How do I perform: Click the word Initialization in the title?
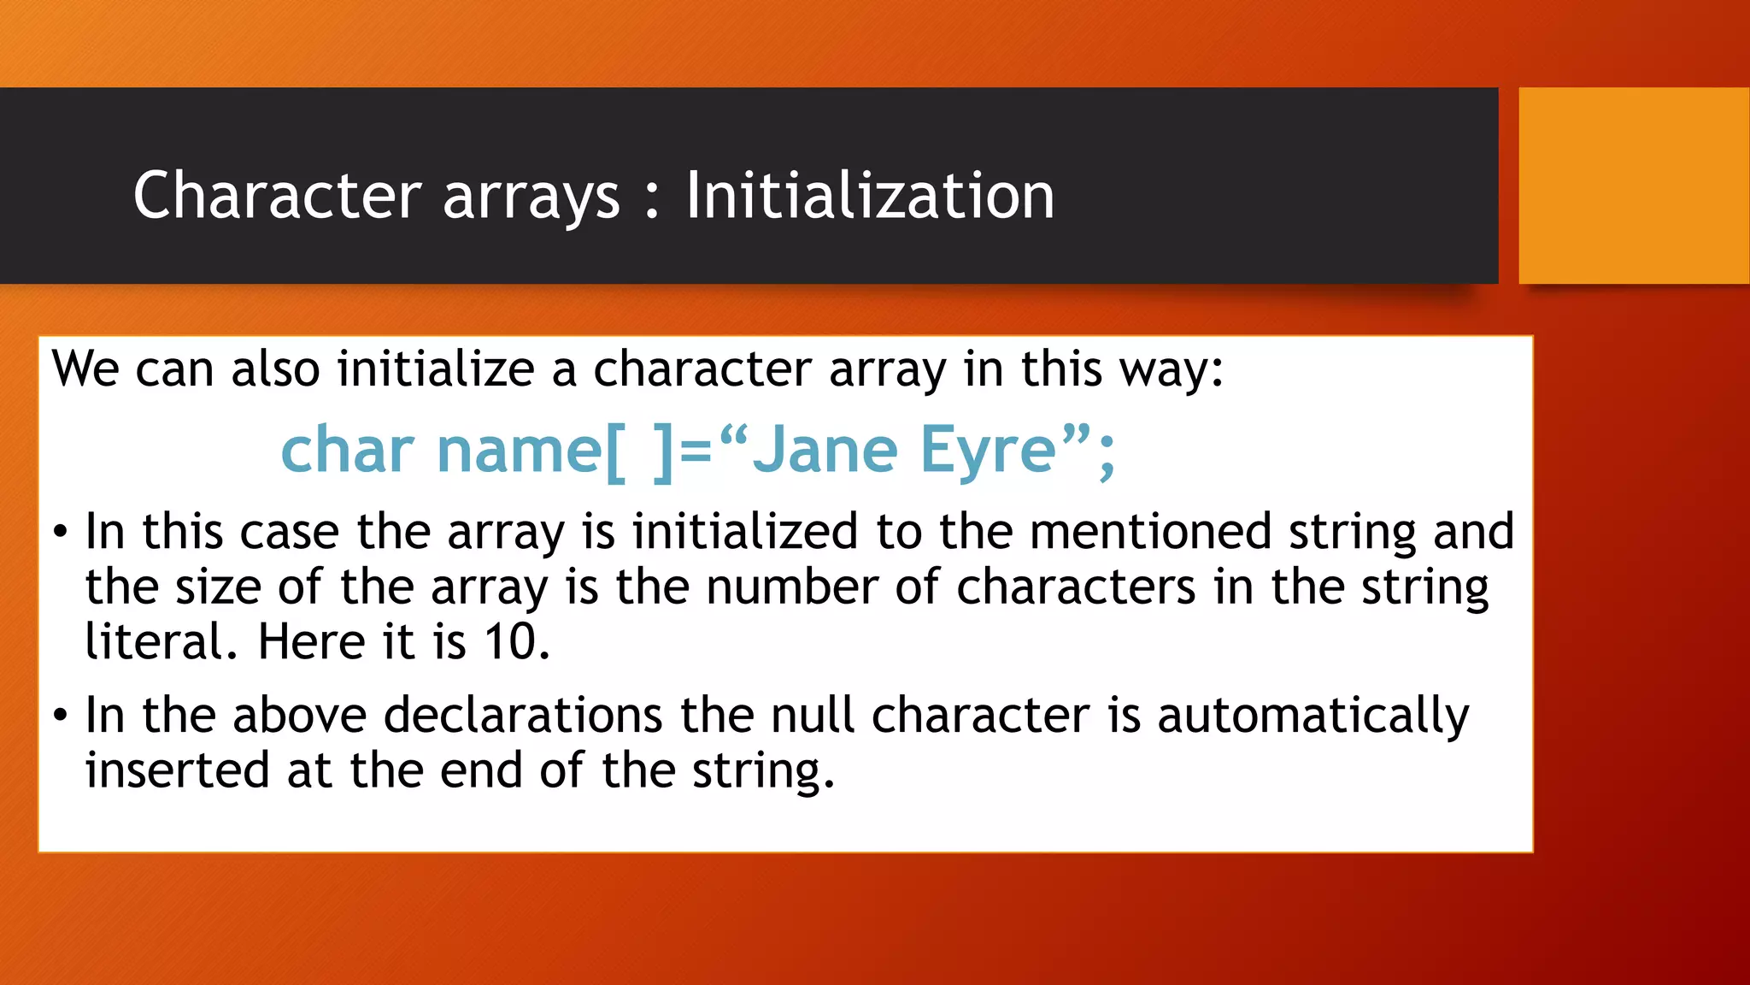click(x=870, y=196)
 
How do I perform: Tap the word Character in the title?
click(x=278, y=196)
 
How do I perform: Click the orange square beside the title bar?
click(x=1633, y=186)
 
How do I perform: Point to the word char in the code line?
click(x=348, y=451)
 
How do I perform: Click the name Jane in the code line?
click(x=825, y=451)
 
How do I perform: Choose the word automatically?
click(x=1312, y=717)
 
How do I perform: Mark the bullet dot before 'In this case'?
click(x=60, y=533)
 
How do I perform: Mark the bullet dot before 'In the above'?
click(x=60, y=716)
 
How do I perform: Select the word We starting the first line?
click(x=85, y=369)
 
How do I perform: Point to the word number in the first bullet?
click(x=792, y=587)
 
